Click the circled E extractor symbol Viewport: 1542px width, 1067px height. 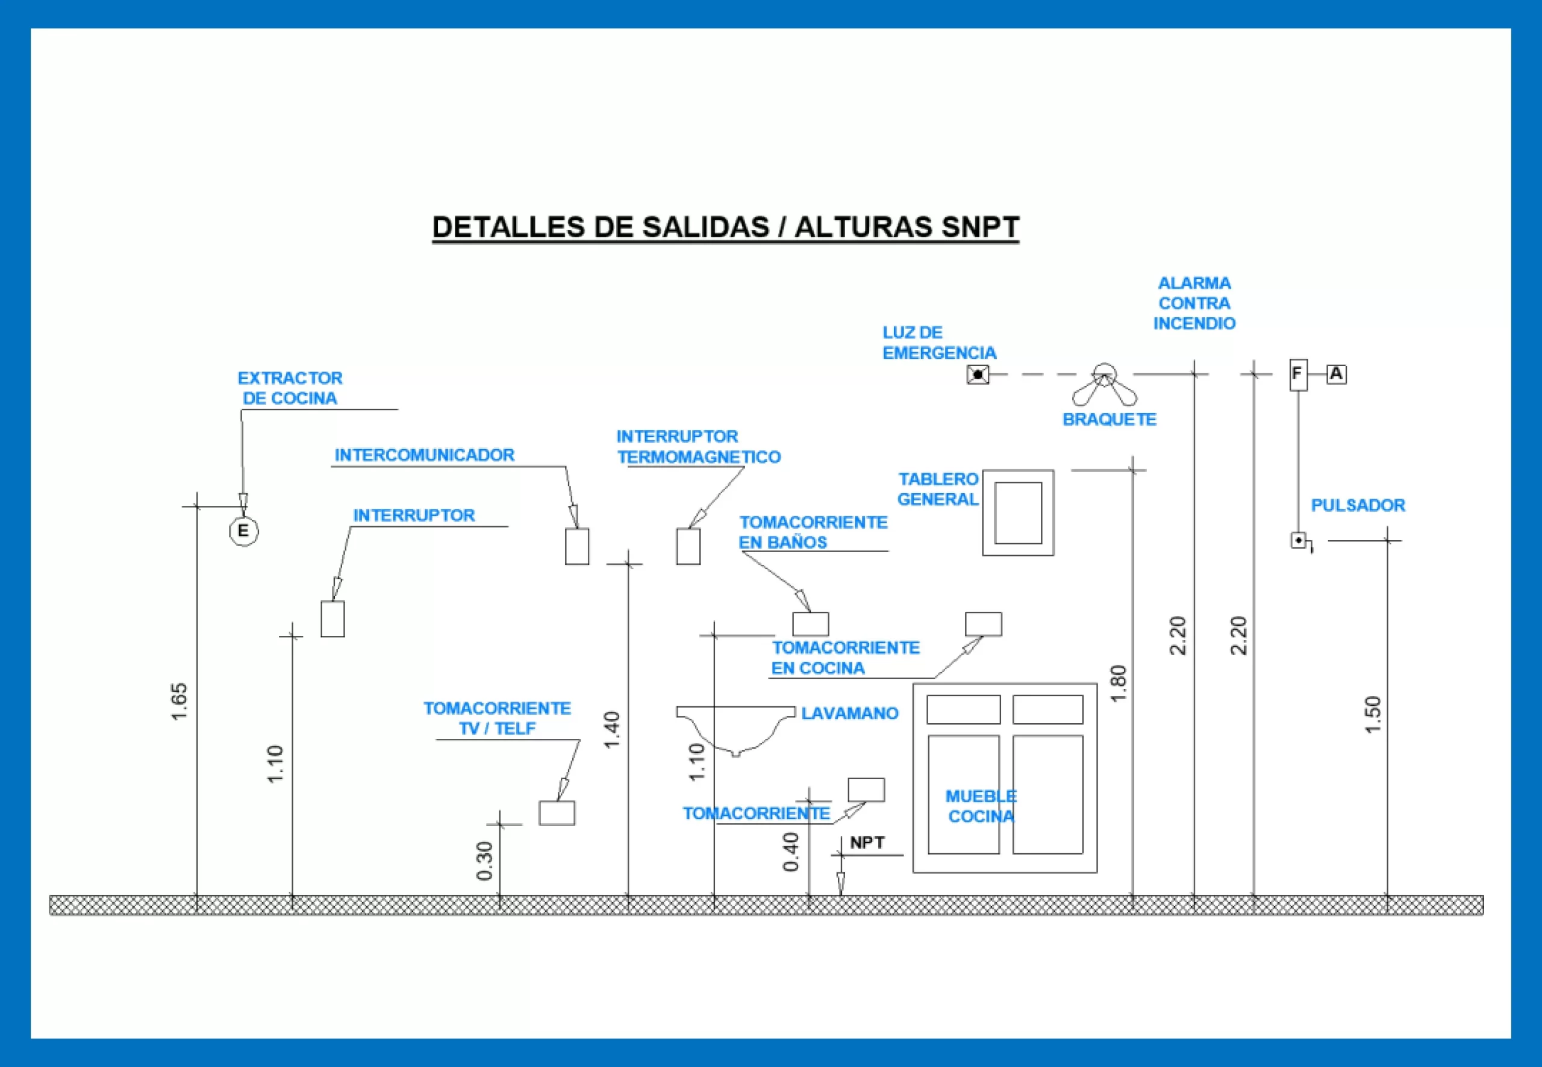pyautogui.click(x=243, y=532)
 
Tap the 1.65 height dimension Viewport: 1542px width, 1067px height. pyautogui.click(x=179, y=701)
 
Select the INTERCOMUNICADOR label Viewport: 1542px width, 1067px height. pyautogui.click(x=424, y=455)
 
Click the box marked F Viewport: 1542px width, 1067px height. pyautogui.click(x=1298, y=375)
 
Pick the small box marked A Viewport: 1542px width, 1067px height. pyautogui.click(x=1336, y=374)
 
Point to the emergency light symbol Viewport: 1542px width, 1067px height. pyautogui.click(x=978, y=375)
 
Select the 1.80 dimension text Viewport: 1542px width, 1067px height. pyautogui.click(x=1117, y=683)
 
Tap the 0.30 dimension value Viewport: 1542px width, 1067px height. pyautogui.click(x=485, y=861)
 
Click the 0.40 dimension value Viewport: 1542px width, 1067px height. pyautogui.click(x=791, y=851)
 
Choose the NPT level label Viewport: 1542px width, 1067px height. pyautogui.click(x=867, y=843)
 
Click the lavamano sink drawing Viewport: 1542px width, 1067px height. pyautogui.click(x=735, y=729)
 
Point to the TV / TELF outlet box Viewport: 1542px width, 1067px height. pyautogui.click(x=557, y=813)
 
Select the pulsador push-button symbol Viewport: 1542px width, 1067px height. pyautogui.click(x=1299, y=540)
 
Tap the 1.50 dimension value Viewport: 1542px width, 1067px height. pyautogui.click(x=1372, y=715)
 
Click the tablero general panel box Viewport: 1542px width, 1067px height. pyautogui.click(x=1018, y=513)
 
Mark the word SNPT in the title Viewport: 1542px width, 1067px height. pyautogui.click(x=980, y=227)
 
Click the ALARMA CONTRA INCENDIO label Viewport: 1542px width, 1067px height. pyautogui.click(x=1194, y=303)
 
